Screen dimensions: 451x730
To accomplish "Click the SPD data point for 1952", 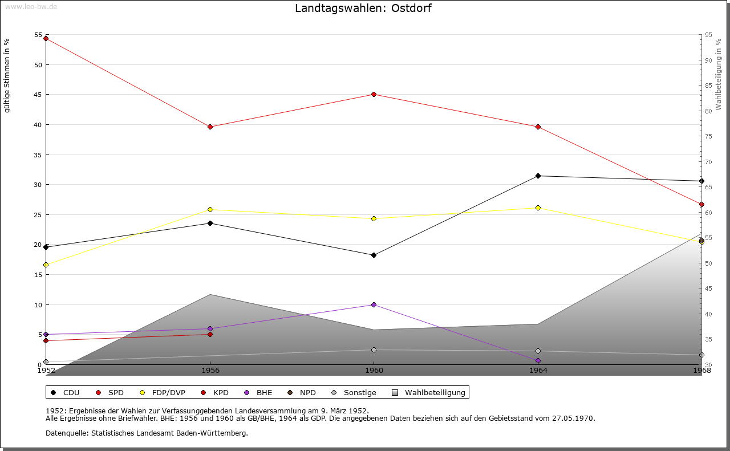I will pos(46,38).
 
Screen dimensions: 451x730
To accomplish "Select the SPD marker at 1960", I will pos(374,94).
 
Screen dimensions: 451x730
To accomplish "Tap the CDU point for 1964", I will pos(538,176).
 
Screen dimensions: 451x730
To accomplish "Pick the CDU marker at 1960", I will pos(374,255).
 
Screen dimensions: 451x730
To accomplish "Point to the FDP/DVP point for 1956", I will pos(210,209).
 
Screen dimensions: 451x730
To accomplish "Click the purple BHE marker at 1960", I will pos(374,304).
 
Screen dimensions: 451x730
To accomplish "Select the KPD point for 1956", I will pos(210,334).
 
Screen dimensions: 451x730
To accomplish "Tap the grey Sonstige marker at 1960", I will pos(374,350).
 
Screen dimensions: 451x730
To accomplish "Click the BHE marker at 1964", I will pos(538,360).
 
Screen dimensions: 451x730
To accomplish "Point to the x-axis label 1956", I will pos(210,371).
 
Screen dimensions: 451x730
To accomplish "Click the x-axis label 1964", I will pos(538,371).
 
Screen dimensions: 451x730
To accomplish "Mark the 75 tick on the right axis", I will pos(708,136).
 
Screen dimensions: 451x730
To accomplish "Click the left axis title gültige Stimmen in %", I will pos(7,76).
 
